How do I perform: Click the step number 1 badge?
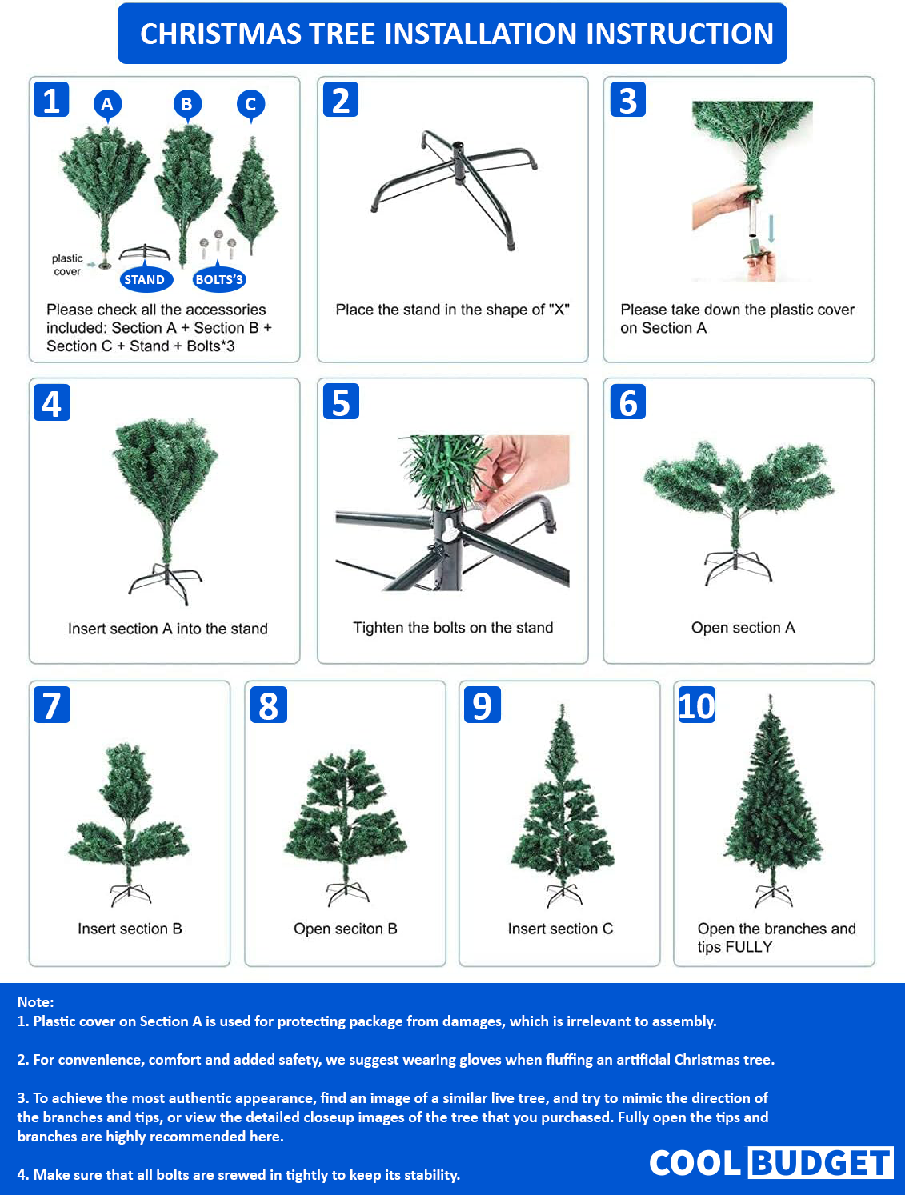tap(51, 100)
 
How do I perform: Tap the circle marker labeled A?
tap(107, 103)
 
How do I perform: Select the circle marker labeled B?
tap(187, 103)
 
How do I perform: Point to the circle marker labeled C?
tap(251, 104)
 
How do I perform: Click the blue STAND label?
tap(146, 279)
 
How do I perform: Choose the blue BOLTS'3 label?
tap(219, 279)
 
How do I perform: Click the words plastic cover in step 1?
tap(67, 265)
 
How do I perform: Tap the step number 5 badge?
tap(341, 402)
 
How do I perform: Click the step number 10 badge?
tap(696, 705)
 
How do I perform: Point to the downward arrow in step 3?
tap(771, 229)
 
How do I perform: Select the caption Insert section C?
tap(560, 929)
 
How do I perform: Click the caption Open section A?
tap(743, 628)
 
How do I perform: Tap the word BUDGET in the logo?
tap(821, 1163)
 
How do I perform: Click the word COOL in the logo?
tap(695, 1163)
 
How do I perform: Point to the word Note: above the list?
tap(35, 1001)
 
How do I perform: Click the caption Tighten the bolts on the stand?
tap(453, 628)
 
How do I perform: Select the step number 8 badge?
tap(268, 705)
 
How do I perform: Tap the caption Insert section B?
tap(130, 929)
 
